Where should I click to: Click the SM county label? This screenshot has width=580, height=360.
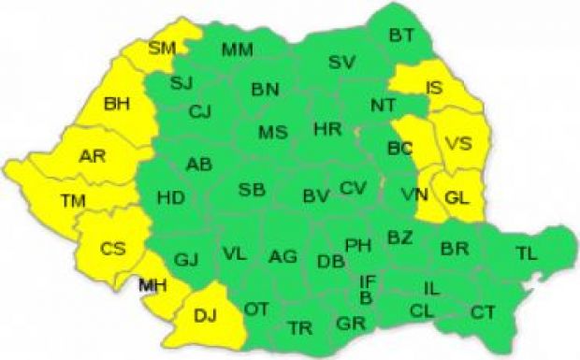click(161, 48)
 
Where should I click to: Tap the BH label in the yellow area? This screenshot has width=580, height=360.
click(119, 104)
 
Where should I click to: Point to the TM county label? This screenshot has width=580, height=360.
click(71, 199)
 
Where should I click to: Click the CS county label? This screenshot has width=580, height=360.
click(113, 248)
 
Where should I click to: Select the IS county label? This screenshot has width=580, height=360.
click(434, 87)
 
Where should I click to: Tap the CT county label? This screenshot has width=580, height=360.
click(483, 311)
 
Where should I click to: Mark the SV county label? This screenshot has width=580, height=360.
click(343, 63)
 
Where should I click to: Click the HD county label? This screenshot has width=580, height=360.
click(170, 197)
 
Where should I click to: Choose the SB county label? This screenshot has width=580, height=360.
click(251, 190)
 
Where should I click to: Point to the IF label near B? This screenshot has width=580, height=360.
click(369, 280)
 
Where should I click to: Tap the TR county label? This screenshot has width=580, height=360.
click(300, 327)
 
